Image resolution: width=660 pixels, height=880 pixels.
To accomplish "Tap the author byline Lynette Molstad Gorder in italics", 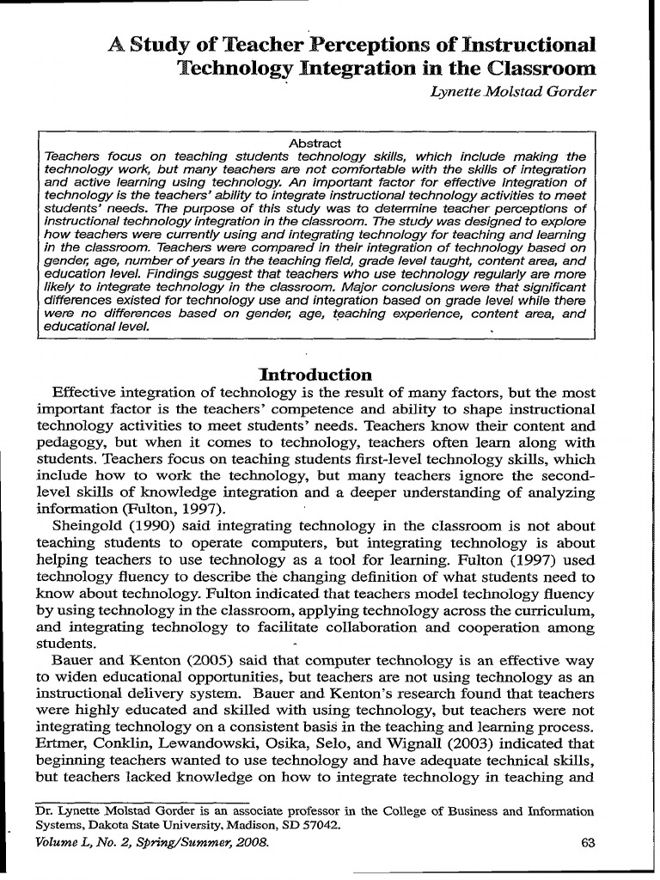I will [512, 93].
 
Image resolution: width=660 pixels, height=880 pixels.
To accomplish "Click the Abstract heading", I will [315, 143].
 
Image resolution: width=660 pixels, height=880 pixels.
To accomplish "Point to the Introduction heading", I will [315, 375].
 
